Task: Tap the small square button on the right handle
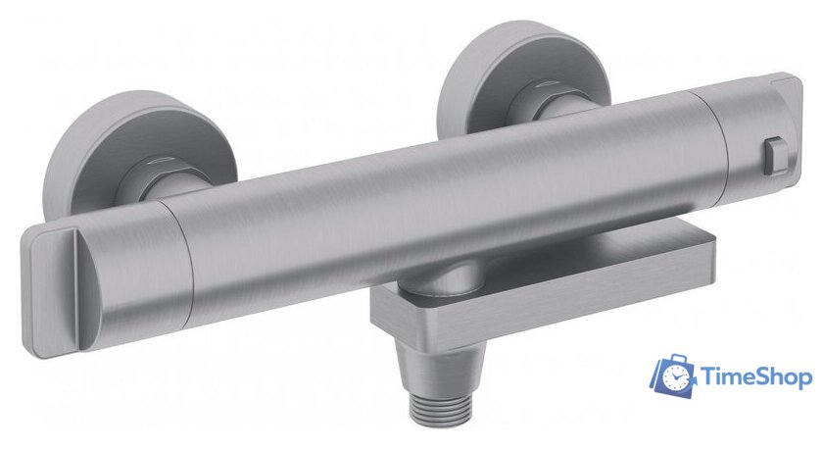776,155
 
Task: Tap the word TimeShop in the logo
755,377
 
